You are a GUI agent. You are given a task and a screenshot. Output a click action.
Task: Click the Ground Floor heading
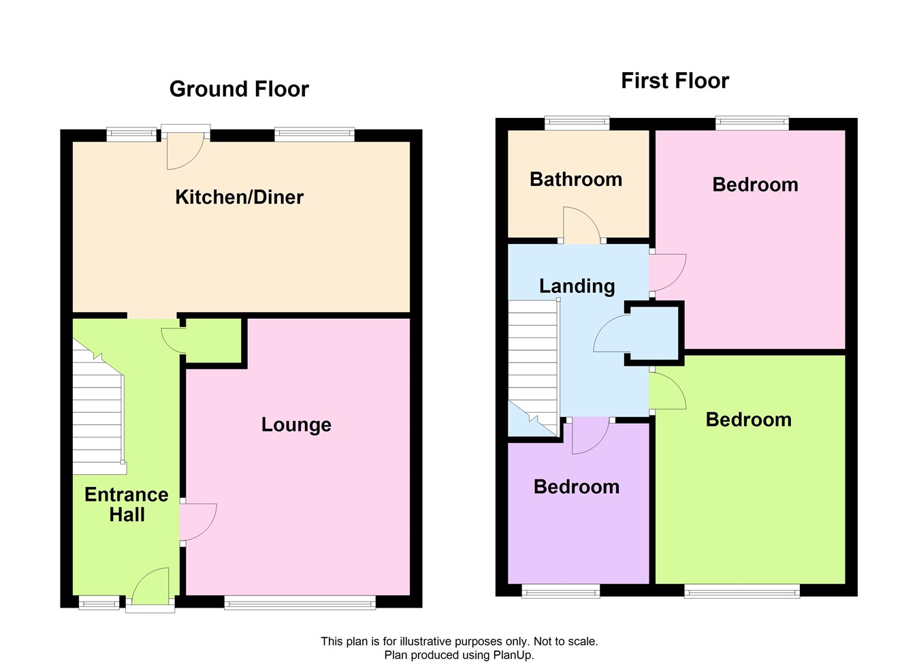(239, 89)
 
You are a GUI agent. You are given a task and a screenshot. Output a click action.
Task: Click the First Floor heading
(675, 80)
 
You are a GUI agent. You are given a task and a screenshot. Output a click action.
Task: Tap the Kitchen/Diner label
(239, 197)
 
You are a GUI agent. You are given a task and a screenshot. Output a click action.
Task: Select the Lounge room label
(296, 424)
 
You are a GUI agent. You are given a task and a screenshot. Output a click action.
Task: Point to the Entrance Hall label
(127, 504)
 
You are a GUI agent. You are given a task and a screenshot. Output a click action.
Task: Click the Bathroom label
(576, 179)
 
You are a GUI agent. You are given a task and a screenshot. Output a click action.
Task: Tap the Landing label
(577, 286)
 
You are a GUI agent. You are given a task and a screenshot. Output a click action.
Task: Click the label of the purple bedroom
(577, 487)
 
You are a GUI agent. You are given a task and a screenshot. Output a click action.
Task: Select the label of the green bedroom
(748, 420)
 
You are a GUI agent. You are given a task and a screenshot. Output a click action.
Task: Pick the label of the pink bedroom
(756, 185)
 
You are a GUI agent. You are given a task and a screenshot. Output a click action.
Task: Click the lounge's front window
(300, 602)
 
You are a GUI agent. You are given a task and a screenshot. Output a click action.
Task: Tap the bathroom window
(577, 123)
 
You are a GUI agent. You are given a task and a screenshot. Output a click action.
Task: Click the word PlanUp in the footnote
(513, 655)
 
